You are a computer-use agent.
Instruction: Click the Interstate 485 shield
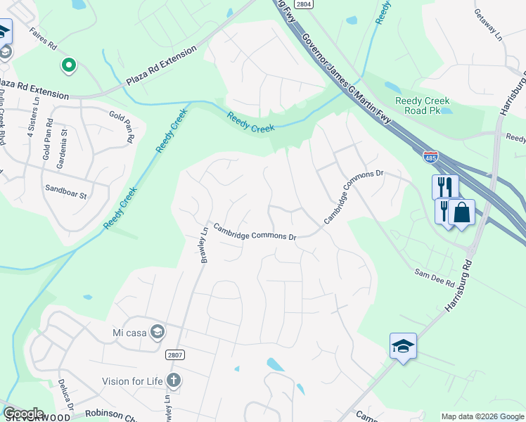click(x=430, y=158)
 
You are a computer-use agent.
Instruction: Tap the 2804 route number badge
click(x=303, y=4)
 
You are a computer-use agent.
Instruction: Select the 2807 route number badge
click(x=175, y=354)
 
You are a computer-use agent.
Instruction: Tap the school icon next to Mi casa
click(x=158, y=331)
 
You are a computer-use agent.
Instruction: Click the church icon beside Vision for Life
click(x=173, y=381)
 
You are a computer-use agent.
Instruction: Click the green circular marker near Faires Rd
click(x=68, y=66)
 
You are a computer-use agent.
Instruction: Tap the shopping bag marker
click(x=461, y=212)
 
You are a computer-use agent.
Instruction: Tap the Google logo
click(x=23, y=414)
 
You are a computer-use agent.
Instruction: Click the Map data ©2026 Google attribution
click(x=482, y=416)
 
